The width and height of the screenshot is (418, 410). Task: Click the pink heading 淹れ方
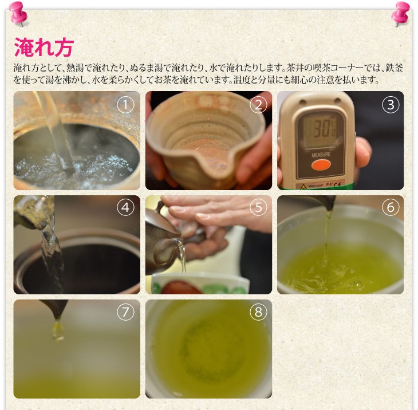coord(44,47)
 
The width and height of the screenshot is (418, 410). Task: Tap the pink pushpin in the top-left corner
coord(18,13)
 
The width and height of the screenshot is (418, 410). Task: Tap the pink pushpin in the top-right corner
coord(401,13)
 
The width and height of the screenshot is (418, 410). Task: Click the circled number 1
coord(125,105)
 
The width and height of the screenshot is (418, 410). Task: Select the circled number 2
coord(258,105)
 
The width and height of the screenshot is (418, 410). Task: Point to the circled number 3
coord(391,105)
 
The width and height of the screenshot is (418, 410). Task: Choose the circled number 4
coord(125,207)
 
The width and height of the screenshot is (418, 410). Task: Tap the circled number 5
coord(258,207)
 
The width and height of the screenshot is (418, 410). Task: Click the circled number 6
coord(391,207)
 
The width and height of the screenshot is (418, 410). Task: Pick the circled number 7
coord(125,312)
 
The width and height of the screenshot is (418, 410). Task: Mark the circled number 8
coord(258,312)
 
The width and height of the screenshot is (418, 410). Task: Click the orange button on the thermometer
coord(321,165)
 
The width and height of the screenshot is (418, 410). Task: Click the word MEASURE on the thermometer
coord(321,155)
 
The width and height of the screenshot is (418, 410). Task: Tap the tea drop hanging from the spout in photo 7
coord(58,331)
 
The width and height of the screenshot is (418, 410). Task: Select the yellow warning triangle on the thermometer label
coord(303,187)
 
